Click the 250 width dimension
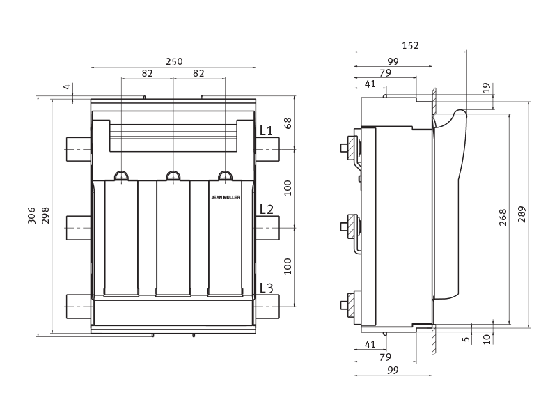[174, 61]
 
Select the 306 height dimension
[31, 215]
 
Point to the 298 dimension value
[45, 215]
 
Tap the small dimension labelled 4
[68, 86]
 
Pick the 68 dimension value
[288, 123]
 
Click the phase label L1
[267, 131]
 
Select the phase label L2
[267, 210]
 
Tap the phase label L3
[267, 288]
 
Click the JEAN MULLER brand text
[226, 198]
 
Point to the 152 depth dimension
[410, 45]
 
